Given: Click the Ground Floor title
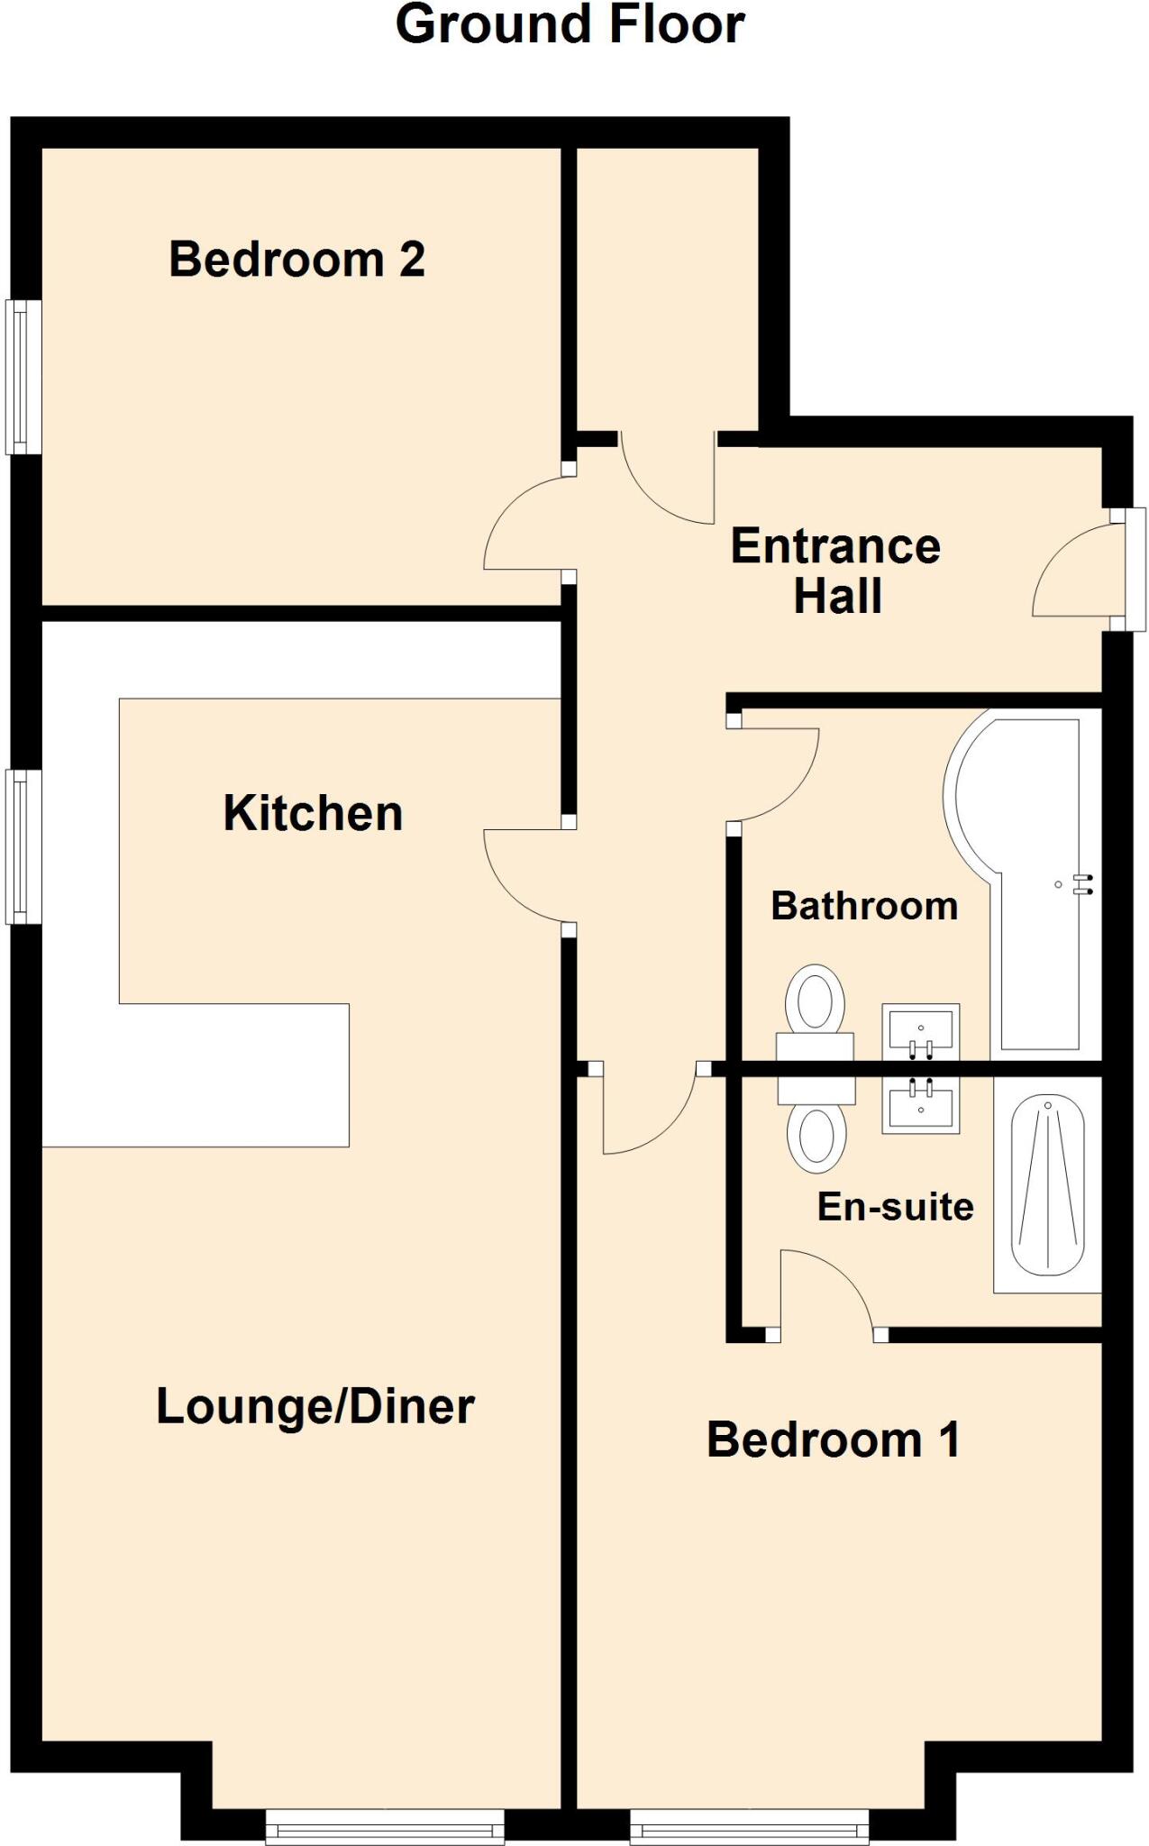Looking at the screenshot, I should click(570, 25).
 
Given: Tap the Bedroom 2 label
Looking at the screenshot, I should click(296, 260).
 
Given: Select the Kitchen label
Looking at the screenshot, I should click(313, 813).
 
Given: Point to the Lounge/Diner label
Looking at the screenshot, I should click(315, 1406).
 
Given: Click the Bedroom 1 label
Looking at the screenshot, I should click(833, 1439).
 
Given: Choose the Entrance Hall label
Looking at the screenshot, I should click(835, 571).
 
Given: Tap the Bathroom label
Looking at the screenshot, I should click(864, 906).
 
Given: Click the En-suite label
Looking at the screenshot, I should click(895, 1206).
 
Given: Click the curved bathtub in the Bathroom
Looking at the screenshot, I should click(1027, 883).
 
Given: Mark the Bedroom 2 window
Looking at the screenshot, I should click(23, 377).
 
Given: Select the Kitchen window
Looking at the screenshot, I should click(23, 845).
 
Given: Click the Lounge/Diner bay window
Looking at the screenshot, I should click(385, 1829).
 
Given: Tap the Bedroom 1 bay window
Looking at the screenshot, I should click(749, 1829).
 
